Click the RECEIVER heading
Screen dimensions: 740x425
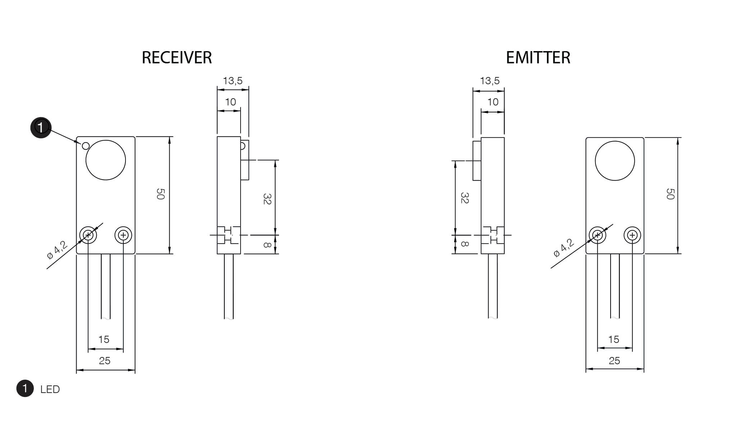click(177, 58)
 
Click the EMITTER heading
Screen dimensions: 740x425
click(538, 58)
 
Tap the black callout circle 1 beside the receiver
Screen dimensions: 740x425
click(41, 127)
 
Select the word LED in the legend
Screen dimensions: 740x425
click(50, 389)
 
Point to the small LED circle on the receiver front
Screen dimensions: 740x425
click(86, 146)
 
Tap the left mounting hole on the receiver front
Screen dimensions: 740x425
click(88, 235)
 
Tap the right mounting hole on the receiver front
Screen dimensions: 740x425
click(123, 235)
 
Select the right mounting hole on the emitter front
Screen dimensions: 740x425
click(632, 235)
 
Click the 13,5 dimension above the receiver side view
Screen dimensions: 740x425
click(233, 81)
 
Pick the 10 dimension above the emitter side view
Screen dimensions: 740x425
click(493, 102)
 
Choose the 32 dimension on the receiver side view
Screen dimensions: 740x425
click(267, 199)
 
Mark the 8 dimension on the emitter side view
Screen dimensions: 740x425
click(464, 244)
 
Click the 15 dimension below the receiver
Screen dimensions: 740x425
click(104, 339)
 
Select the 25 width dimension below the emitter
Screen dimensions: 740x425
click(614, 361)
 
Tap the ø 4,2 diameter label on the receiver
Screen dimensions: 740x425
click(57, 250)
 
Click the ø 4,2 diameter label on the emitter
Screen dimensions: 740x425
click(564, 248)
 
